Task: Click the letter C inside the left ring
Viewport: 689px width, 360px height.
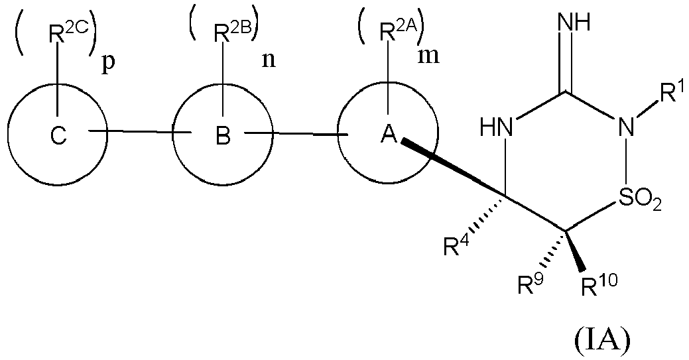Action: coord(59,136)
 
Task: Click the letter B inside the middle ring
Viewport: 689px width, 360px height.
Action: coord(223,136)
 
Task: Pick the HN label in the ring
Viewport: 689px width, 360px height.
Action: coord(499,127)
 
